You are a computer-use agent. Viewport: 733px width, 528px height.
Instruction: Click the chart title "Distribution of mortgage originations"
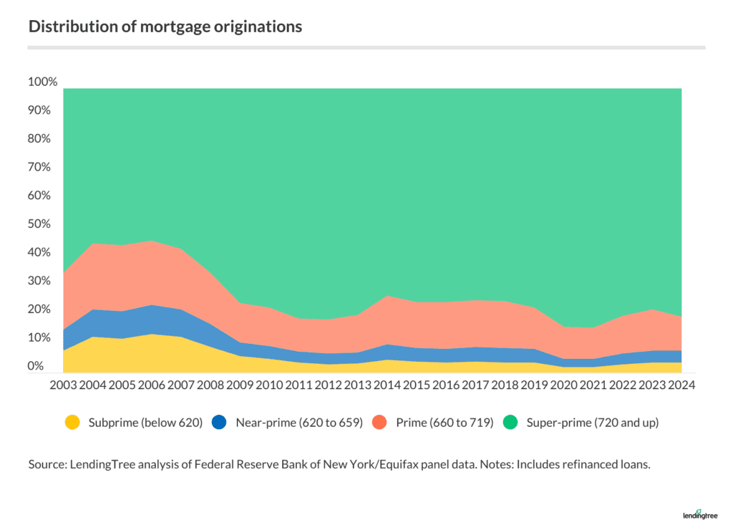[165, 27]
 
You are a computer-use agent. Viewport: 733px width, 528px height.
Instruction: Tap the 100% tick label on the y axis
[42, 82]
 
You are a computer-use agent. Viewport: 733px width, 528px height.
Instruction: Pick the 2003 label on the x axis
[64, 384]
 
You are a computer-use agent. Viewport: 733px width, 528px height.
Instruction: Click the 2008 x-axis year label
[211, 384]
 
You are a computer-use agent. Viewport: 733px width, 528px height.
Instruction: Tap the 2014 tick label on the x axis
[387, 384]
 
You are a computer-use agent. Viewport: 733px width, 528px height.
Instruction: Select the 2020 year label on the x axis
[563, 384]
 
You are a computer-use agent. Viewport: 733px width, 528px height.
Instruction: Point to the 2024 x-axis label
[681, 384]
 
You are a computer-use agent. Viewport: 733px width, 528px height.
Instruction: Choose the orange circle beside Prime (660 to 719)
[379, 423]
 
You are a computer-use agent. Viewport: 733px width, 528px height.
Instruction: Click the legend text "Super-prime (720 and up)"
[593, 423]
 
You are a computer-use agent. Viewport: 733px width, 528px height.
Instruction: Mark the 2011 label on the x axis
[299, 384]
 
